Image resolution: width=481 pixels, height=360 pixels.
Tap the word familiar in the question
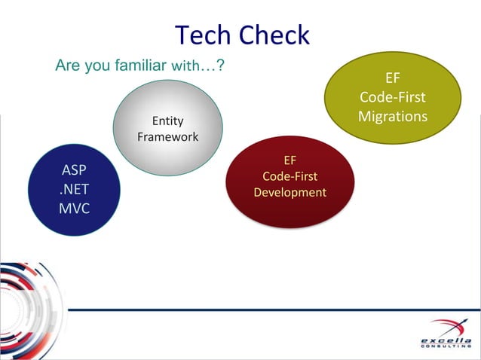point(139,66)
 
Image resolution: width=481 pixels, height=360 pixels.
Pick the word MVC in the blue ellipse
point(74,208)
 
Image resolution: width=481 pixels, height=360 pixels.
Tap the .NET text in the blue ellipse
point(74,188)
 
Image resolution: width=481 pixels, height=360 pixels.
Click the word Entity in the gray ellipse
point(167,121)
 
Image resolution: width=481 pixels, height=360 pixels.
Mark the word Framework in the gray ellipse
point(167,137)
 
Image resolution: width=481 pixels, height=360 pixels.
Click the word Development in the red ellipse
point(290,193)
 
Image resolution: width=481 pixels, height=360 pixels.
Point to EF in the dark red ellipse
point(290,160)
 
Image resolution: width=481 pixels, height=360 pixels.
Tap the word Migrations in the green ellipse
point(392,117)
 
